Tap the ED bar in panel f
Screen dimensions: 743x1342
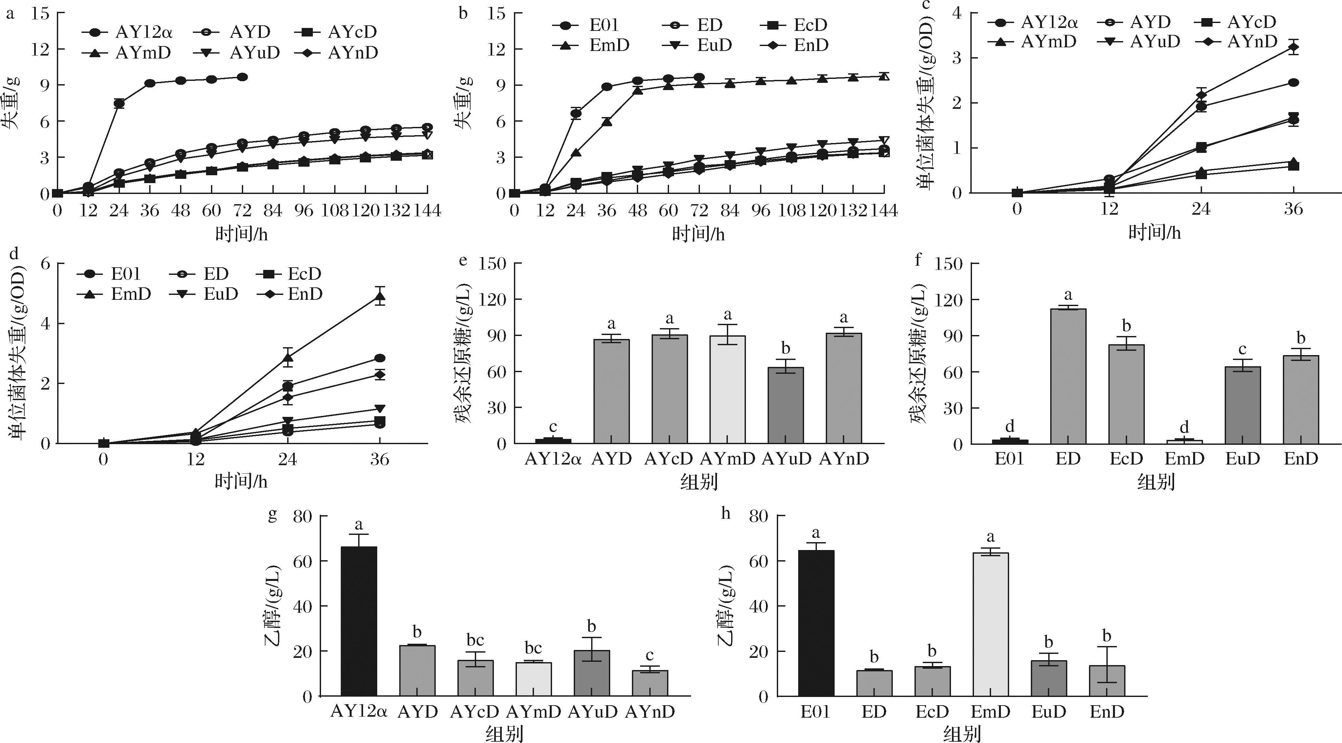[1068, 376]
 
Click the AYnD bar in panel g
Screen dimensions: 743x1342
[650, 683]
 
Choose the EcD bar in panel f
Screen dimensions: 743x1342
[1126, 394]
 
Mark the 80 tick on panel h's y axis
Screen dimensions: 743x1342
[758, 516]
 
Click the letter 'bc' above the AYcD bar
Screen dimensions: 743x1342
[475, 640]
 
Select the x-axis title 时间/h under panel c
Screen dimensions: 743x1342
[1154, 233]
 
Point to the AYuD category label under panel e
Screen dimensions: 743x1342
[787, 459]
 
